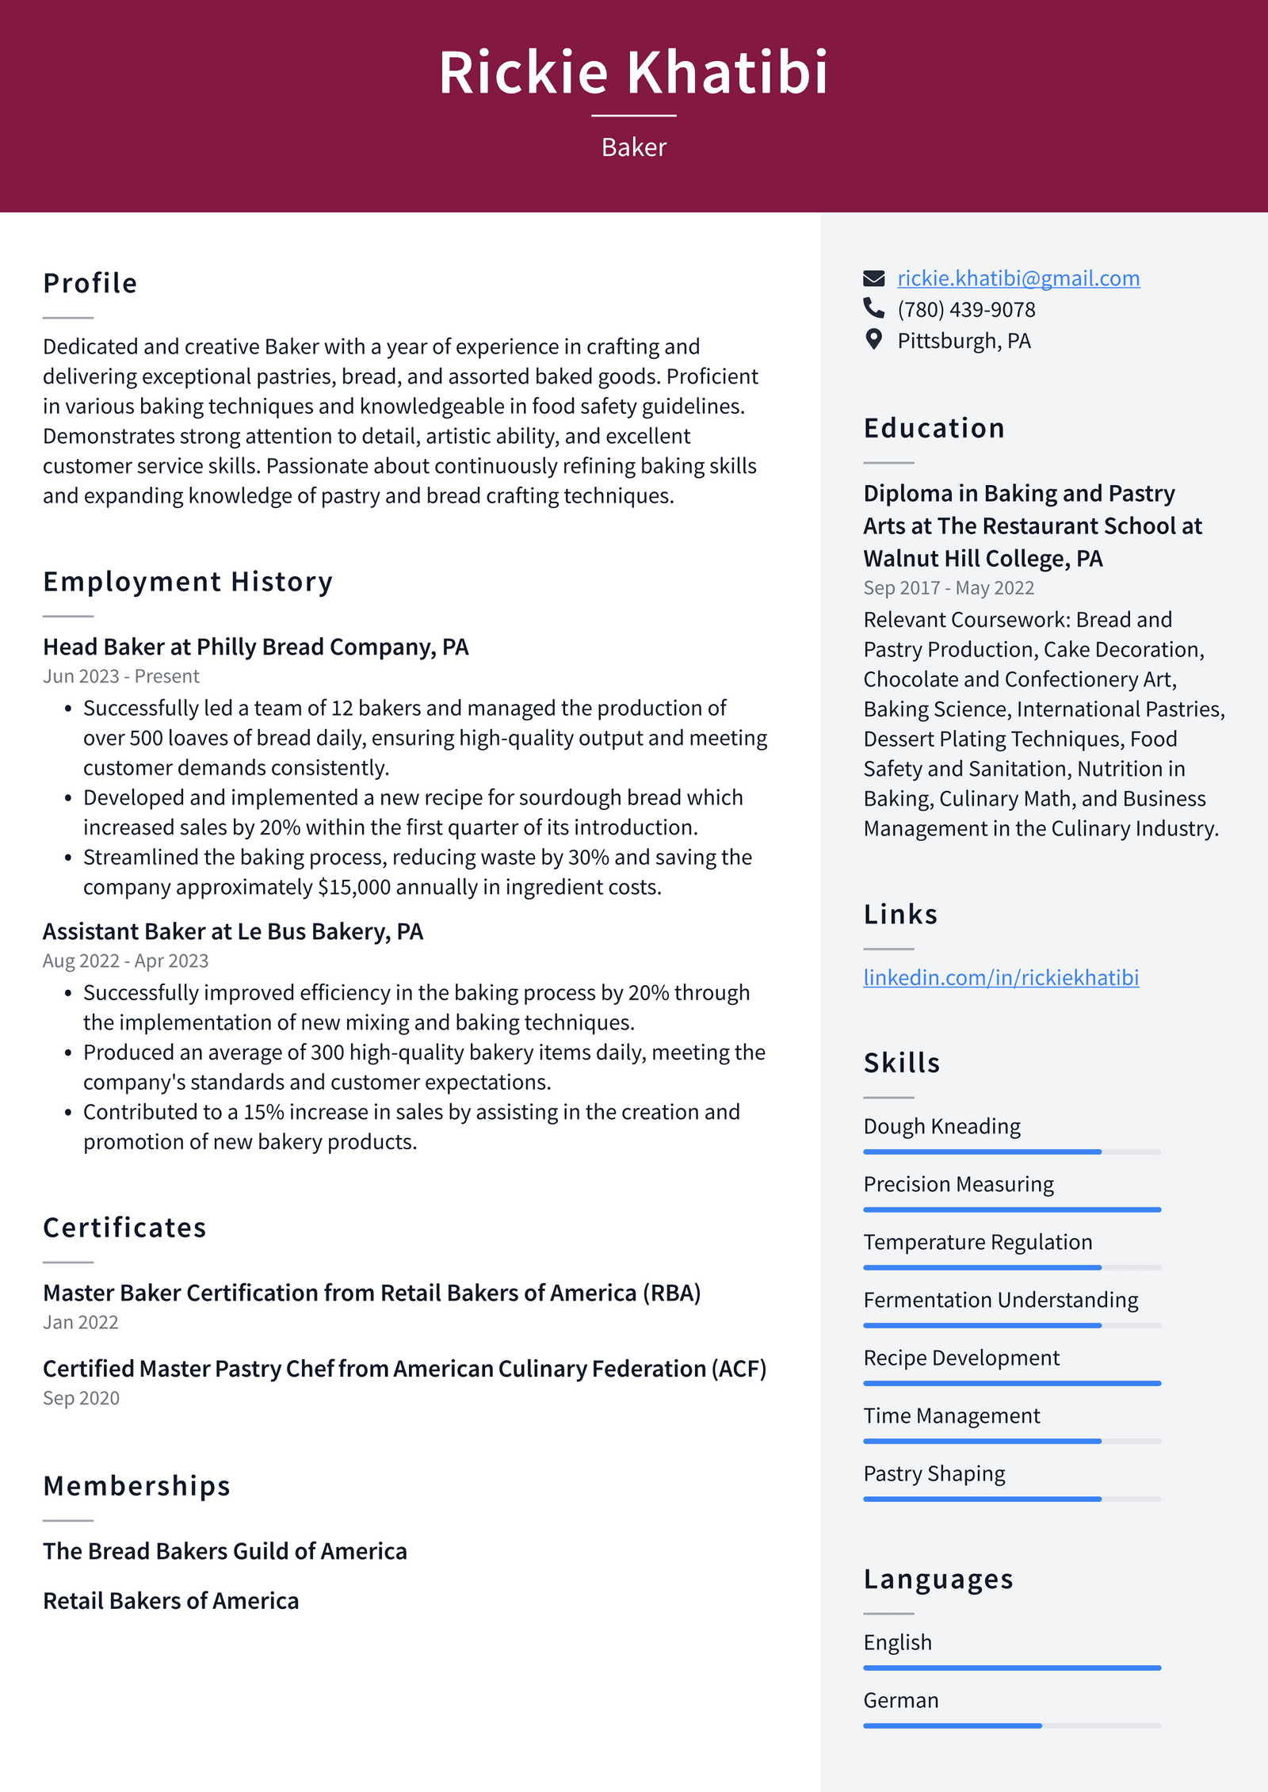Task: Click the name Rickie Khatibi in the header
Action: coord(633,73)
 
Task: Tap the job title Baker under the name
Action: coord(633,147)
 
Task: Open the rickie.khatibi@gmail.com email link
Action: coord(1018,278)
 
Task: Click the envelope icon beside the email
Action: coord(873,278)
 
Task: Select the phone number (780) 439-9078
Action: coord(965,310)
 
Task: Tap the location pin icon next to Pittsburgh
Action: coord(873,340)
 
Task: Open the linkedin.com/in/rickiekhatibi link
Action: coord(1000,977)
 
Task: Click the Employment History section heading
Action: coord(188,582)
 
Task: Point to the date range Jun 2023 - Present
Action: coord(120,676)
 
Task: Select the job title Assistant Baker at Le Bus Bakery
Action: coord(232,931)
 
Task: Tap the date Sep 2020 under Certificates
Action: coord(81,1398)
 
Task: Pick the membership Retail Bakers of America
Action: coord(170,1601)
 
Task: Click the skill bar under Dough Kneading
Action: coord(1011,1152)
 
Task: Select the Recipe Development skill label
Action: coord(961,1358)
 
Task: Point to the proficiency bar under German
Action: coord(1011,1725)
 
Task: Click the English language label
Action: coord(897,1642)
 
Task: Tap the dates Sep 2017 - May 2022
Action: coord(948,588)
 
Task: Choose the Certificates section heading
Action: coord(124,1228)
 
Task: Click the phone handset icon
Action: coord(873,308)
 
